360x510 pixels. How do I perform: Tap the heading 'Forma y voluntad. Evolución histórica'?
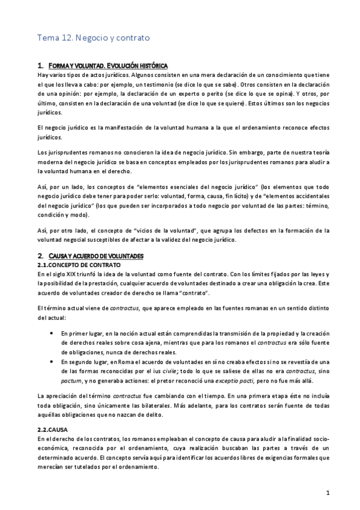coord(107,65)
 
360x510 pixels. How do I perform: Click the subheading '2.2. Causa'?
coord(52,430)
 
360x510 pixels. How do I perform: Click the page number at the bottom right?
coord(328,494)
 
